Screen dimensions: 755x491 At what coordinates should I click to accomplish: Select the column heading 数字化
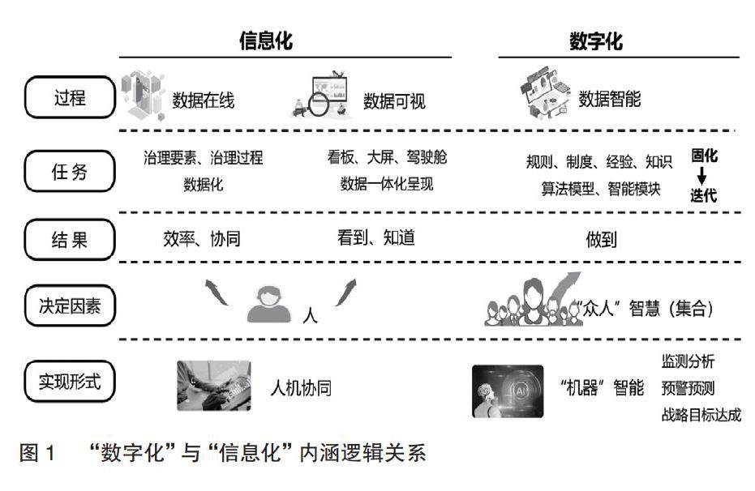coord(596,41)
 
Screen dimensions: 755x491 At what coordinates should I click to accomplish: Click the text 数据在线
coord(203,100)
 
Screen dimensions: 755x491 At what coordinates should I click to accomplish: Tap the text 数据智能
coord(609,100)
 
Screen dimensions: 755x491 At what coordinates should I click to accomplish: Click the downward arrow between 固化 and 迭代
coord(702,174)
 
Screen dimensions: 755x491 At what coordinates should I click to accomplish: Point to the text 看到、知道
coord(375,237)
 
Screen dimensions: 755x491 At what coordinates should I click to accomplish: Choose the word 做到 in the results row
coord(603,240)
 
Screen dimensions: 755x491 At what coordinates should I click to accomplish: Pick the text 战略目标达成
coord(701,416)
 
